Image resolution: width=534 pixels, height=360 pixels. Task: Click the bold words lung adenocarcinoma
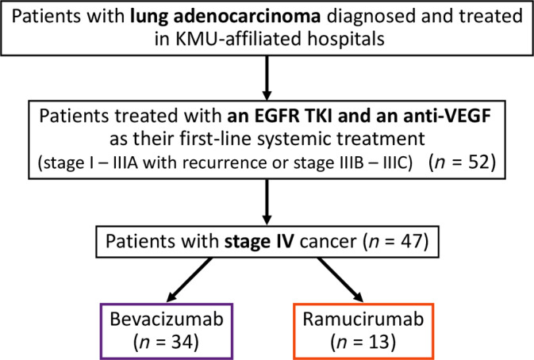click(x=225, y=16)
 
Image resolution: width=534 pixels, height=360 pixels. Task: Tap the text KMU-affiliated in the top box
click(x=239, y=38)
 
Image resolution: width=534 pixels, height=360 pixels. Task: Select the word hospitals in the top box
click(x=346, y=39)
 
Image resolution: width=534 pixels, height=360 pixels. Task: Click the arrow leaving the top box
click(x=267, y=78)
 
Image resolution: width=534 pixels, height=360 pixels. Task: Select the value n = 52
click(x=463, y=163)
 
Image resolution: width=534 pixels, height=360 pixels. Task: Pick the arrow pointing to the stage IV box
click(x=267, y=202)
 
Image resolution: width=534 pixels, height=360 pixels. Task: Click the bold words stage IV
click(x=259, y=241)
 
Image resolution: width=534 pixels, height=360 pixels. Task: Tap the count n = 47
click(x=395, y=241)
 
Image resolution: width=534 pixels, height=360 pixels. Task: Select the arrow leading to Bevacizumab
click(x=189, y=280)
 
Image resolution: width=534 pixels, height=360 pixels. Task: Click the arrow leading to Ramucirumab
click(x=340, y=280)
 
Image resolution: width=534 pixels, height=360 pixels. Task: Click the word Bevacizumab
click(x=167, y=320)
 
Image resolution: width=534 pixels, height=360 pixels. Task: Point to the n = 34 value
click(x=167, y=342)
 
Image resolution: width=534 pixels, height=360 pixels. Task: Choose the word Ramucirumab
click(x=363, y=320)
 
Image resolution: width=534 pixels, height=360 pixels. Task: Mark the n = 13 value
click(x=363, y=342)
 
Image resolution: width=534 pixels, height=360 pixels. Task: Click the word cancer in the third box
click(x=328, y=242)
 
